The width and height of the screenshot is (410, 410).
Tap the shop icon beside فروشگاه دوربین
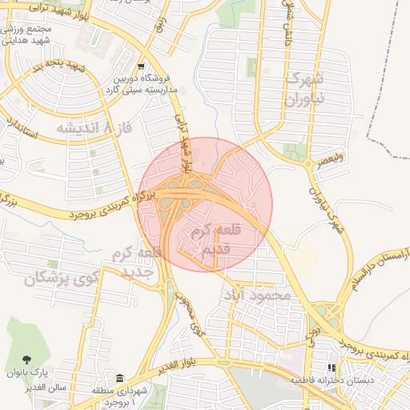click(141, 67)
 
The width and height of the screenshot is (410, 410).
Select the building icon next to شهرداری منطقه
click(120, 378)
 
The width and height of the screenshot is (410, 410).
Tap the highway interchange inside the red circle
click(181, 196)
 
